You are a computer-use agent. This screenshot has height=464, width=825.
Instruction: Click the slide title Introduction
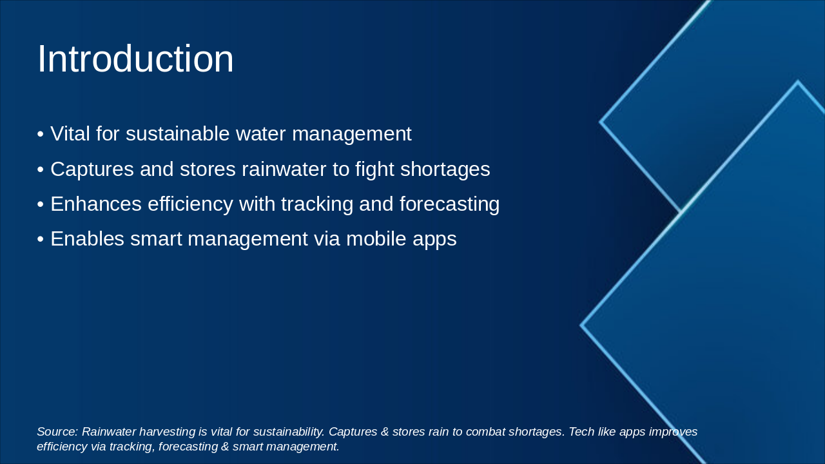point(135,59)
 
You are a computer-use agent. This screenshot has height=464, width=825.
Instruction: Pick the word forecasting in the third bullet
point(449,204)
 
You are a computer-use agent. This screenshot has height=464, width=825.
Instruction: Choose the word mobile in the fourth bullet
point(376,239)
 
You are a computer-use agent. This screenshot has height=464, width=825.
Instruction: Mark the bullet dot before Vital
point(40,135)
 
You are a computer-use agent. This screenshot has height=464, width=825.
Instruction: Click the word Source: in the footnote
point(57,432)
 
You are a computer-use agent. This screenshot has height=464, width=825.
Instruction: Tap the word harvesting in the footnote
point(172,432)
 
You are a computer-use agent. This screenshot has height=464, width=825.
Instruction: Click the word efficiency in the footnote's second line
point(61,447)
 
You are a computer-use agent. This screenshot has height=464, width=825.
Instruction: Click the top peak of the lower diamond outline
point(798,82)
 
